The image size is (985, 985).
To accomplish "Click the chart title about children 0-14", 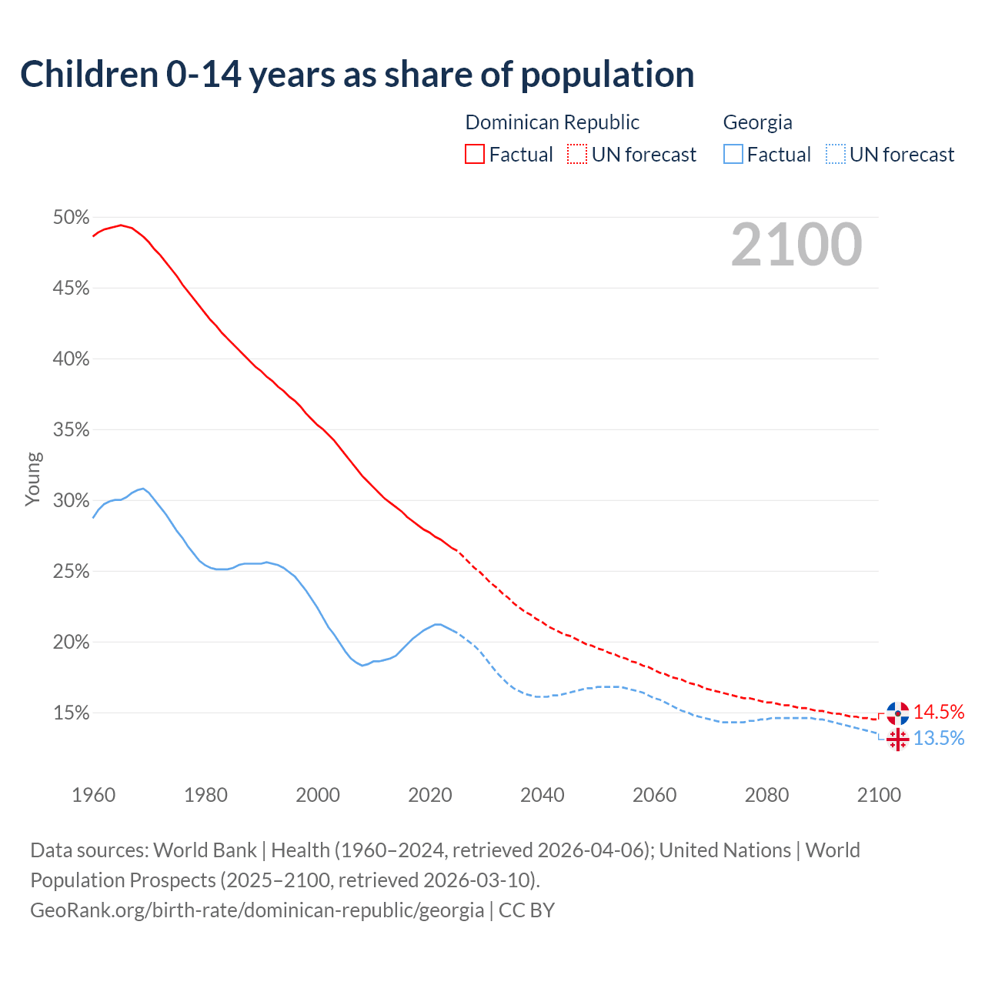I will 357,75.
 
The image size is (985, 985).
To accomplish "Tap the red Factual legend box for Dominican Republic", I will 474,155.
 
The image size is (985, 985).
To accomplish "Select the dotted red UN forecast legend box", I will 576,155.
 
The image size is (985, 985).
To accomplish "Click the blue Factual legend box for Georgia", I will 733,155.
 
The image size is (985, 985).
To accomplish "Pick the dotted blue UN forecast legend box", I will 835,155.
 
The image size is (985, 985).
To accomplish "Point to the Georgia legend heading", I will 757,122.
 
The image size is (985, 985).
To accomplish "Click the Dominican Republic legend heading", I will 552,122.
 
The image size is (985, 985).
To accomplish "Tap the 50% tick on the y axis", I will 71,218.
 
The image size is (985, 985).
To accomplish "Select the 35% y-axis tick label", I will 71,430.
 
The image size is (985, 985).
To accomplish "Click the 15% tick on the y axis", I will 71,713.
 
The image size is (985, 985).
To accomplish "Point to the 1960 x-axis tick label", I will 93,795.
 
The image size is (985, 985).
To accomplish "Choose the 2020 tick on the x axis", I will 429,795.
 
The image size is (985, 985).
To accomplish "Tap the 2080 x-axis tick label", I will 766,795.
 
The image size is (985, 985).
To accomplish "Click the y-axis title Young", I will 33,479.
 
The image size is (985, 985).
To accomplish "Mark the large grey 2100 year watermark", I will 796,245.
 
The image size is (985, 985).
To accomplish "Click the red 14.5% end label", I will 938,712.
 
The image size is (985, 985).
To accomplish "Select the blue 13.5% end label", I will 938,739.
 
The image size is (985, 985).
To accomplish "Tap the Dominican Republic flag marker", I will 897,713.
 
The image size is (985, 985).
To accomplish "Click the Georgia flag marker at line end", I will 897,740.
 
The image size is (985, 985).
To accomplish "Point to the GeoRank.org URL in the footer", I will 257,910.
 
